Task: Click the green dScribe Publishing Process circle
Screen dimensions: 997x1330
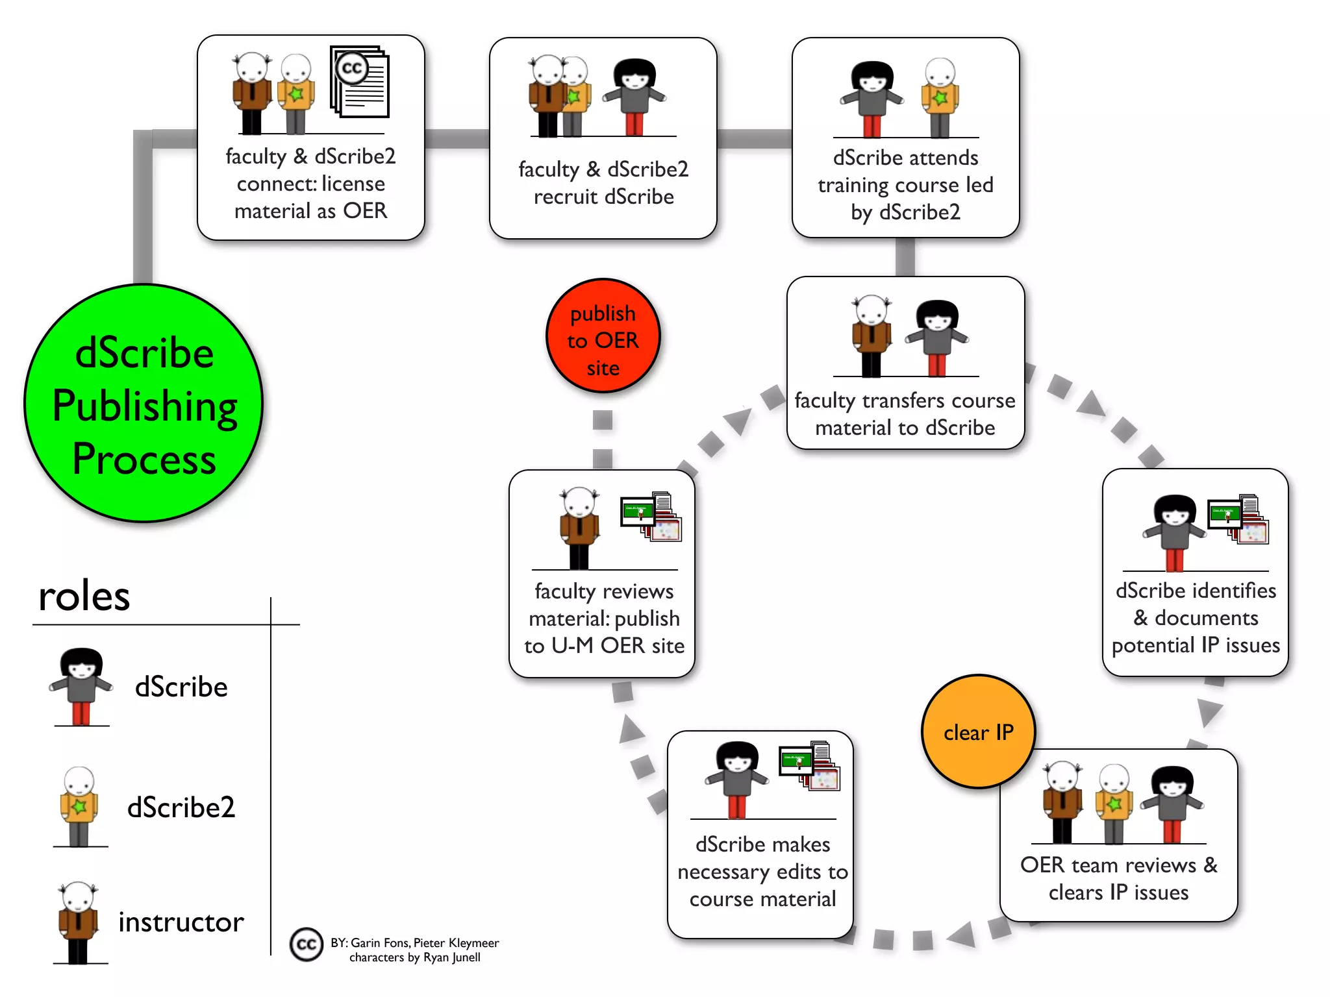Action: (x=144, y=403)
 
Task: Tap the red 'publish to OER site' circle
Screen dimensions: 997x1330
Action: (x=603, y=336)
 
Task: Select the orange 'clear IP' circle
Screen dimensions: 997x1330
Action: (x=978, y=732)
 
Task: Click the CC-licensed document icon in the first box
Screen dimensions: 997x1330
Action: (x=360, y=82)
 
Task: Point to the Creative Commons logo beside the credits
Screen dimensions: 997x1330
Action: (x=307, y=944)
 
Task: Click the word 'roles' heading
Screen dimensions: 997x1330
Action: (x=84, y=596)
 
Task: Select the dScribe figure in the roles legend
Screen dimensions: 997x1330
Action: (x=81, y=686)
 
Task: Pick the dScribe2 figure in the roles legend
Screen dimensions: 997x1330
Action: (x=79, y=807)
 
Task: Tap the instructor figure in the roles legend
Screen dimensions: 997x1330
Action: (x=78, y=922)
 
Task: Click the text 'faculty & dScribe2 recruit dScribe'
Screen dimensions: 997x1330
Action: (x=603, y=182)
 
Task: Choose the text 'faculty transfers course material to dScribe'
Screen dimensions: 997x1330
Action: (x=905, y=414)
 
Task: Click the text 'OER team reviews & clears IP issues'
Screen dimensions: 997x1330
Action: (x=1118, y=878)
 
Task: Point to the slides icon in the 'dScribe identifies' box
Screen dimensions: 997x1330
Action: (x=1238, y=519)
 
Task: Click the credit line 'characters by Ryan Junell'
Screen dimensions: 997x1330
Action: (x=415, y=957)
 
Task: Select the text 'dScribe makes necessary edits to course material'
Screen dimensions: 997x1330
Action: (x=762, y=872)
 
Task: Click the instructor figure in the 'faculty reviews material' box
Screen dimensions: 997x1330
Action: (x=579, y=527)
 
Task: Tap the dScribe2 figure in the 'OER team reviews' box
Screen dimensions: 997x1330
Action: (x=1114, y=804)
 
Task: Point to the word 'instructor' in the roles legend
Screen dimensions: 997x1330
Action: (x=181, y=922)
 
